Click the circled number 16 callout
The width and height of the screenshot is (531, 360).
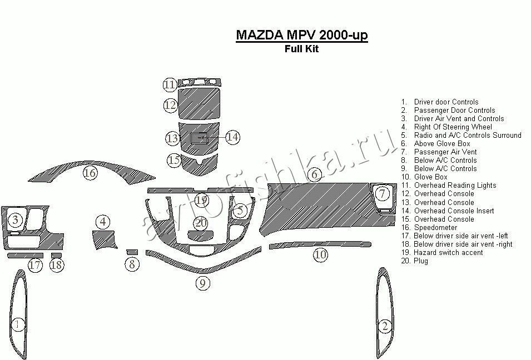click(x=90, y=173)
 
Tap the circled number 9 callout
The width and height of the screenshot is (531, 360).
click(x=202, y=283)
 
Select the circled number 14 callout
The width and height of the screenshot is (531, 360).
click(x=232, y=137)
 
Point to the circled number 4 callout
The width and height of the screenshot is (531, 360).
click(x=102, y=222)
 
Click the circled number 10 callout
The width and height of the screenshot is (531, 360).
click(x=320, y=255)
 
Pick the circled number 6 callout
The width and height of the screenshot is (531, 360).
click(x=315, y=174)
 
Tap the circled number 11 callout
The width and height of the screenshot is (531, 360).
click(x=170, y=85)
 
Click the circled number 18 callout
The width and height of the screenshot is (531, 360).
click(x=56, y=265)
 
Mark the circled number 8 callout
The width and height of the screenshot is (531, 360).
click(x=132, y=264)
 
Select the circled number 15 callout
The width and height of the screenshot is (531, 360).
click(x=174, y=160)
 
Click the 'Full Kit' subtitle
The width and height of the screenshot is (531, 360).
click(x=301, y=48)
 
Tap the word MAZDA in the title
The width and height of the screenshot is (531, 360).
click(x=260, y=34)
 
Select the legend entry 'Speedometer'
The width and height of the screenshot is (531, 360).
click(x=435, y=227)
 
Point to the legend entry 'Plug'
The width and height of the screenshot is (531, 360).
click(x=421, y=261)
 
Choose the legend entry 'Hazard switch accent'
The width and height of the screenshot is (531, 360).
click(x=448, y=252)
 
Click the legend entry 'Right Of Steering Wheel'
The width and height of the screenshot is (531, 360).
click(x=453, y=127)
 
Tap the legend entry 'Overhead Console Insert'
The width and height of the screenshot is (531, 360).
click(x=454, y=211)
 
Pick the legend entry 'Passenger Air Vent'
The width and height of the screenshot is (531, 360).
click(x=445, y=152)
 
